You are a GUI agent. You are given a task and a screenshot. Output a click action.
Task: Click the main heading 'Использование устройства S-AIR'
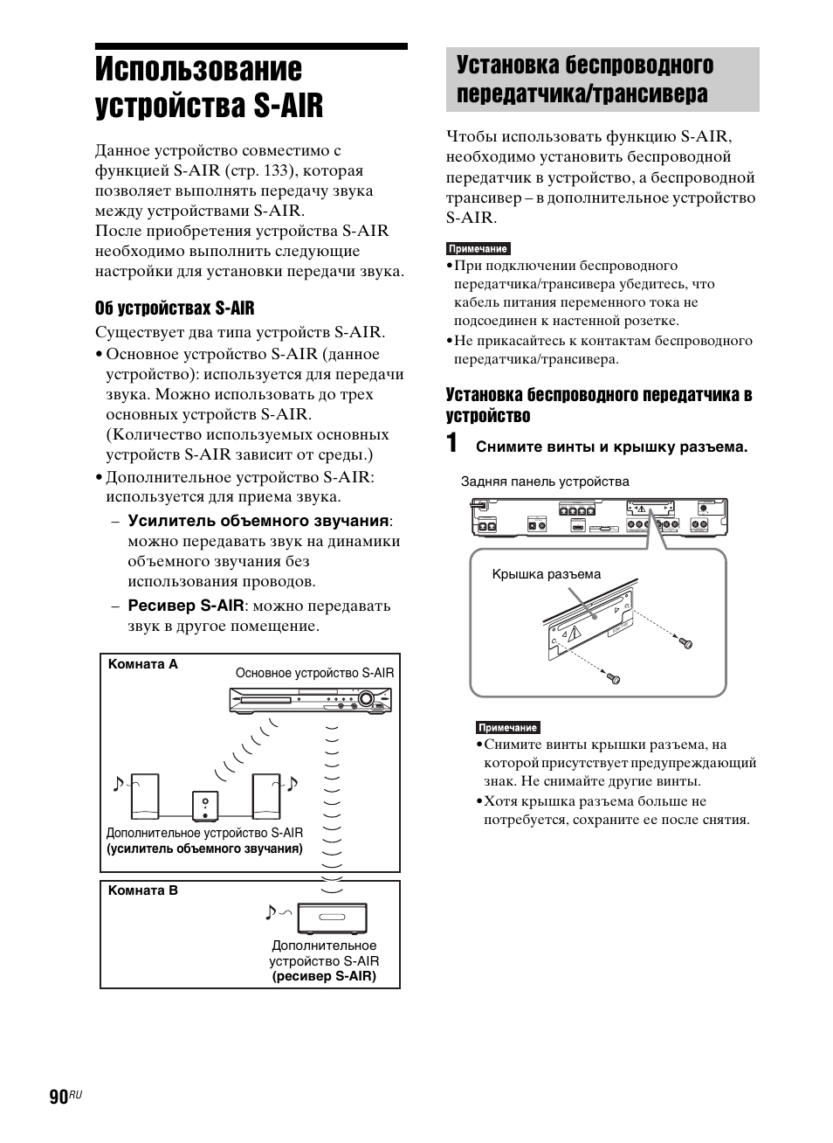(x=210, y=87)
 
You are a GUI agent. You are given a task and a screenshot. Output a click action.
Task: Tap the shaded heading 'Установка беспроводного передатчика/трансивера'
(x=584, y=80)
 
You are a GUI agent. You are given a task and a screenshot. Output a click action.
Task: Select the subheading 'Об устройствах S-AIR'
(x=175, y=308)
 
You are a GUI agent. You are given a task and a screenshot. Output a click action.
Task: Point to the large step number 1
(x=451, y=443)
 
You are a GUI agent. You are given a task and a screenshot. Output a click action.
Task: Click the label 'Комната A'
(x=142, y=664)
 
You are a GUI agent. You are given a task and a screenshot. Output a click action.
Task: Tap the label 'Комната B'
(x=142, y=890)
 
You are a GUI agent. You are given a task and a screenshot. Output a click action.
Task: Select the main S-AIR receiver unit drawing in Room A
(x=310, y=702)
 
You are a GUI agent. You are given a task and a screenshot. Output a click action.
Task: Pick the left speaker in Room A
(x=145, y=796)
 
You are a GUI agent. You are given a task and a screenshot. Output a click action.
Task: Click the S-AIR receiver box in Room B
(x=332, y=918)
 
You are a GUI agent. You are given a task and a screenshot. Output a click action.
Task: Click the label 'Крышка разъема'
(x=547, y=574)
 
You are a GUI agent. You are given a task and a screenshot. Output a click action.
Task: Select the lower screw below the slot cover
(x=614, y=677)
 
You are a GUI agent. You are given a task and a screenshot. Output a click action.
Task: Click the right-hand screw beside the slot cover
(x=686, y=643)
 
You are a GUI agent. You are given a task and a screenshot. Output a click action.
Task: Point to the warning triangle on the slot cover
(x=575, y=635)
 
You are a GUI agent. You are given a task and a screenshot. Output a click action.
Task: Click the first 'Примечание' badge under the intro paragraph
(x=478, y=249)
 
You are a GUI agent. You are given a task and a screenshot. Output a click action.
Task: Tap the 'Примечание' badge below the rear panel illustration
(x=508, y=727)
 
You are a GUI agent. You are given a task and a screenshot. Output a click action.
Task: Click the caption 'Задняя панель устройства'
(x=545, y=481)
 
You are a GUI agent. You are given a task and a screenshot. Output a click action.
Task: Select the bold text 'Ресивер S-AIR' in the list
(x=186, y=605)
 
